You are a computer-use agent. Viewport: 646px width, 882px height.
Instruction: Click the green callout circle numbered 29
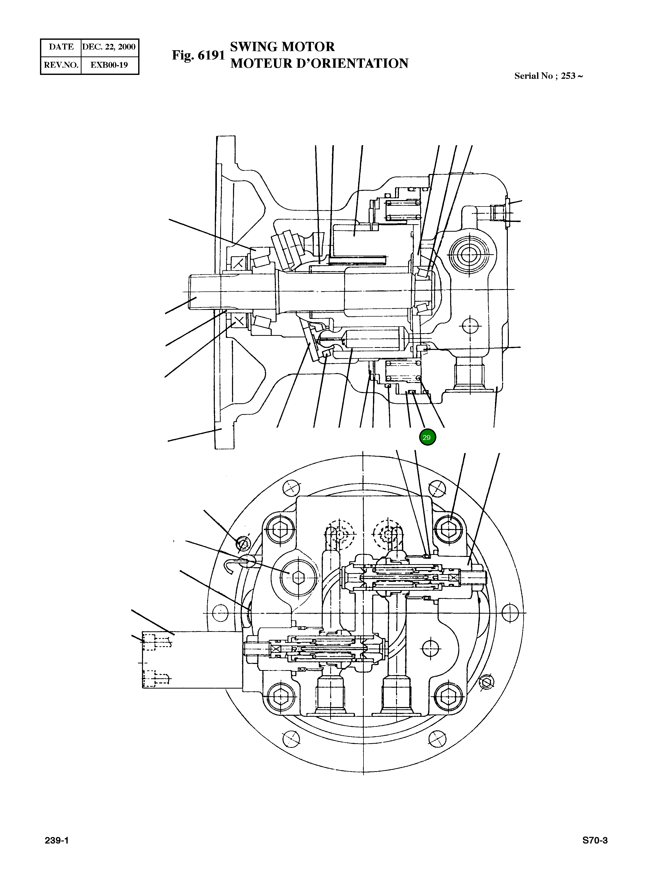tap(427, 437)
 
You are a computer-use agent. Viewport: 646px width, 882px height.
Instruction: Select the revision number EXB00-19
tap(109, 65)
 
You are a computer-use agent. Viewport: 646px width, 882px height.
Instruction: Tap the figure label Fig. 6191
tap(198, 56)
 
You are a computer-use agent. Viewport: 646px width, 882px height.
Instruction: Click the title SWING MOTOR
tap(282, 47)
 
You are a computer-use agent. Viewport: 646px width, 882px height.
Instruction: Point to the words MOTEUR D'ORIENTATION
tap(319, 64)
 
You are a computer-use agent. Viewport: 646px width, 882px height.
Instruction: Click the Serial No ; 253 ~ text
tap(548, 76)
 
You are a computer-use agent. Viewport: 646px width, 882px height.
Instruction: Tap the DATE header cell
tap(61, 47)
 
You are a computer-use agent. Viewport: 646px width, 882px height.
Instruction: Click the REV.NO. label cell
tap(61, 65)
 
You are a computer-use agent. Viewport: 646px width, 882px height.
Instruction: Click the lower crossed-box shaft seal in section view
tap(238, 322)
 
